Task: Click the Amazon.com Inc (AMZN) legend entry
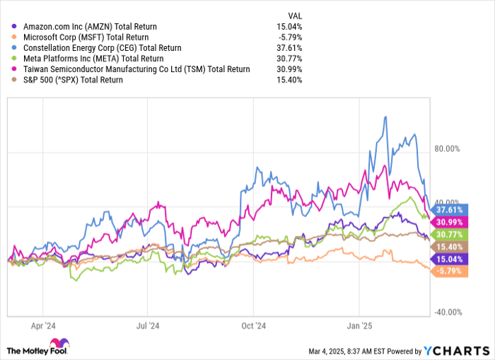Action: pos(90,26)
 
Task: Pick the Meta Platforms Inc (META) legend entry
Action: pos(93,58)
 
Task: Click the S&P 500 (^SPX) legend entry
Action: pos(73,79)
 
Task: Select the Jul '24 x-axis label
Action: pos(147,327)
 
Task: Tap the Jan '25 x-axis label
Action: pos(359,327)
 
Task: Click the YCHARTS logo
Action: pos(453,351)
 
